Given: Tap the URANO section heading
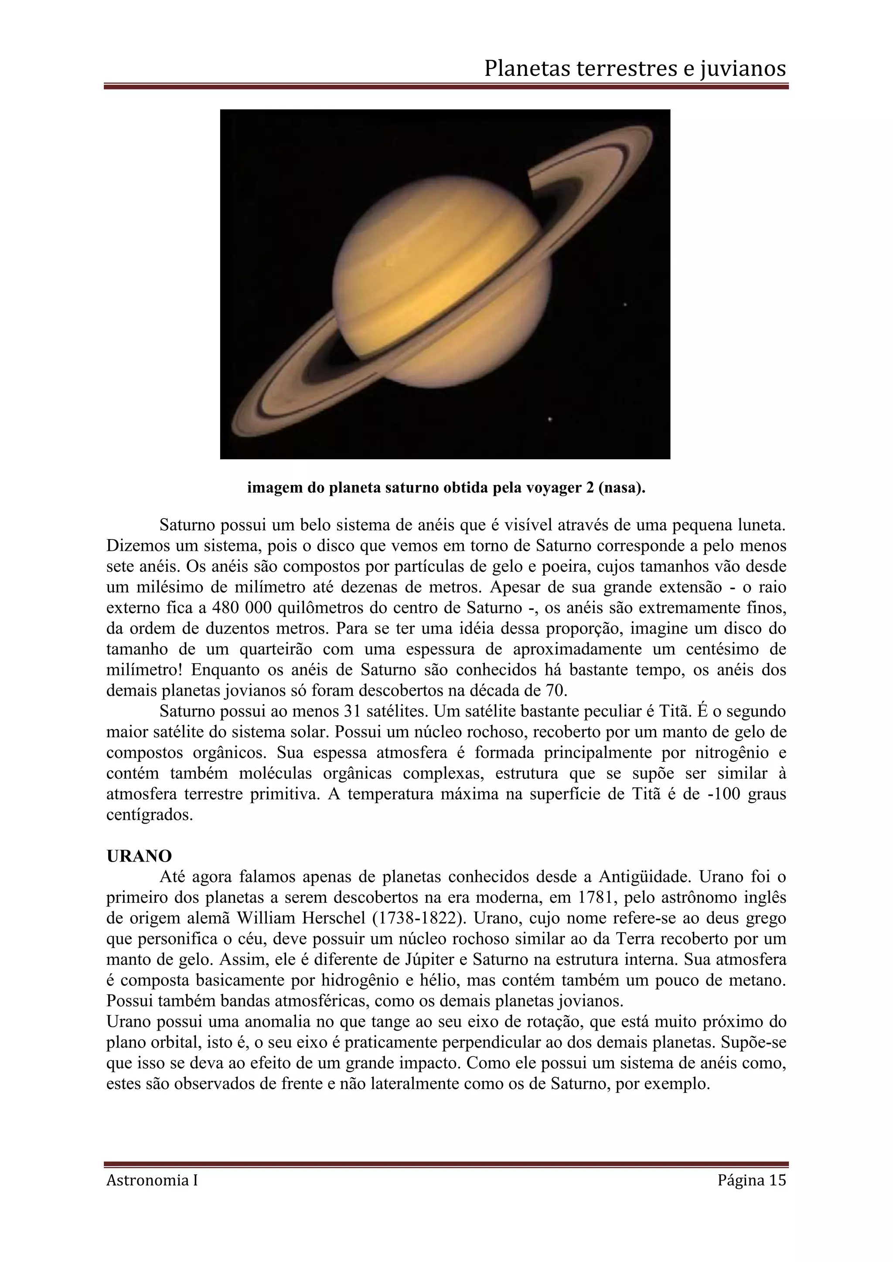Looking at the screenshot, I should (139, 856).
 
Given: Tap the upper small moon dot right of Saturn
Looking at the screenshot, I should (625, 305).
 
